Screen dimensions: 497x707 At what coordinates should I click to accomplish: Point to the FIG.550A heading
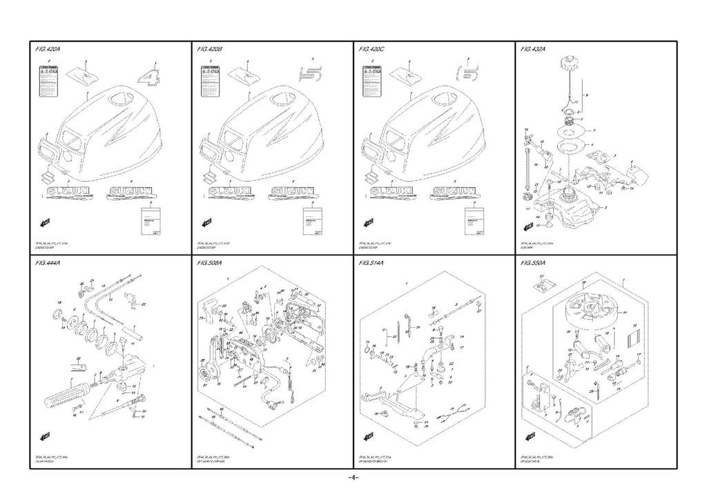click(x=534, y=263)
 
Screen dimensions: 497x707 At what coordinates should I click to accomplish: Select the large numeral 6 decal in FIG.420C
click(x=469, y=76)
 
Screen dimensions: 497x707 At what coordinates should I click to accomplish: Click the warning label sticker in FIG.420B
click(x=209, y=81)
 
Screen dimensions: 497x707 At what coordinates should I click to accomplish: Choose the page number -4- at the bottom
click(x=353, y=478)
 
